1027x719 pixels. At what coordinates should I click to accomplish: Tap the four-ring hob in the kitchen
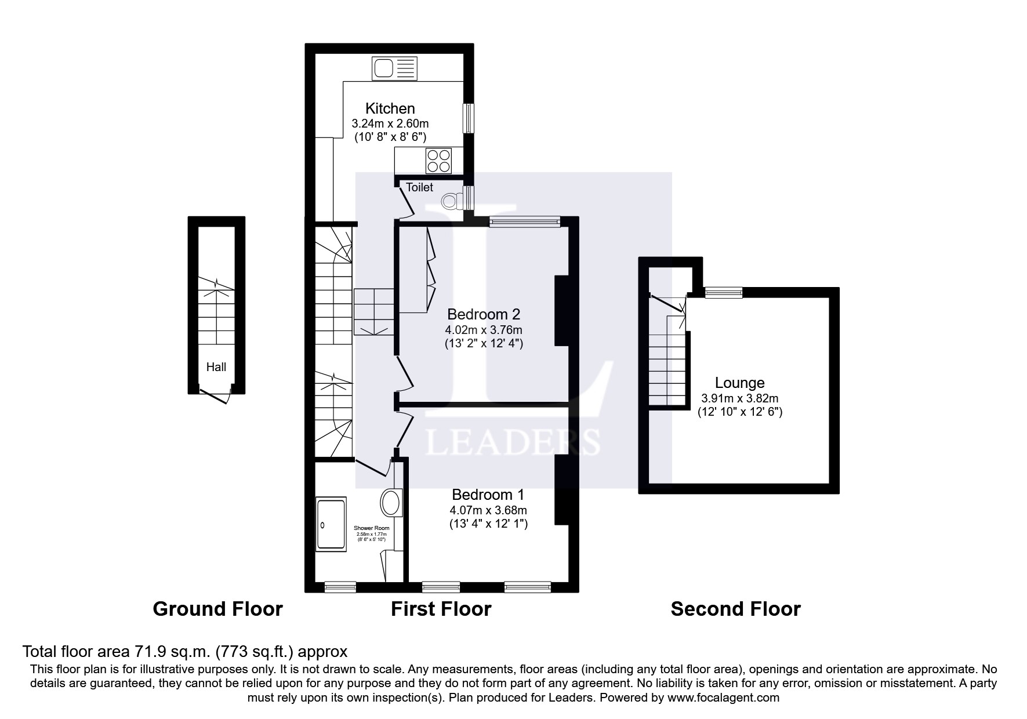[x=439, y=161]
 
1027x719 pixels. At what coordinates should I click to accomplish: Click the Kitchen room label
[x=390, y=108]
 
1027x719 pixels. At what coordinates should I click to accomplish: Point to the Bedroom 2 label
[x=484, y=314]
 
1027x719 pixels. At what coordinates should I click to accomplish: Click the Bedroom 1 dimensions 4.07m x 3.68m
[x=488, y=511]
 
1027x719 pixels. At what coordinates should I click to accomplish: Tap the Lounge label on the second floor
[x=739, y=383]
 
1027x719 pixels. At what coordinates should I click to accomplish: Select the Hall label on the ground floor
[x=216, y=367]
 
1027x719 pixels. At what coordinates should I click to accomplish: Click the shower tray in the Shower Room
[x=331, y=524]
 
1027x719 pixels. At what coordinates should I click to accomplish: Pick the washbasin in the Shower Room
[x=392, y=502]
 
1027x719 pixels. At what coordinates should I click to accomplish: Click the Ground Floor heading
[x=217, y=609]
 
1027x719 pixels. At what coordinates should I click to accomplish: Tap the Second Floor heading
[x=735, y=609]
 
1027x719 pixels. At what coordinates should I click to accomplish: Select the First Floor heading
[x=441, y=609]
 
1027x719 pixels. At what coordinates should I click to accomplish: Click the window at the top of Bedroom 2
[x=525, y=221]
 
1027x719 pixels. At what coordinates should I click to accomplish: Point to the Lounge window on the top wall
[x=723, y=293]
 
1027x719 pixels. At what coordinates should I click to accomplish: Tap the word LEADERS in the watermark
[x=512, y=442]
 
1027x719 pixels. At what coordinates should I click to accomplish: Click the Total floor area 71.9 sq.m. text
[x=184, y=651]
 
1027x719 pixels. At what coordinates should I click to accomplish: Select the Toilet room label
[x=419, y=187]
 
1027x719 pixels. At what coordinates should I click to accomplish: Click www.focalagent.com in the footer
[x=723, y=698]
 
